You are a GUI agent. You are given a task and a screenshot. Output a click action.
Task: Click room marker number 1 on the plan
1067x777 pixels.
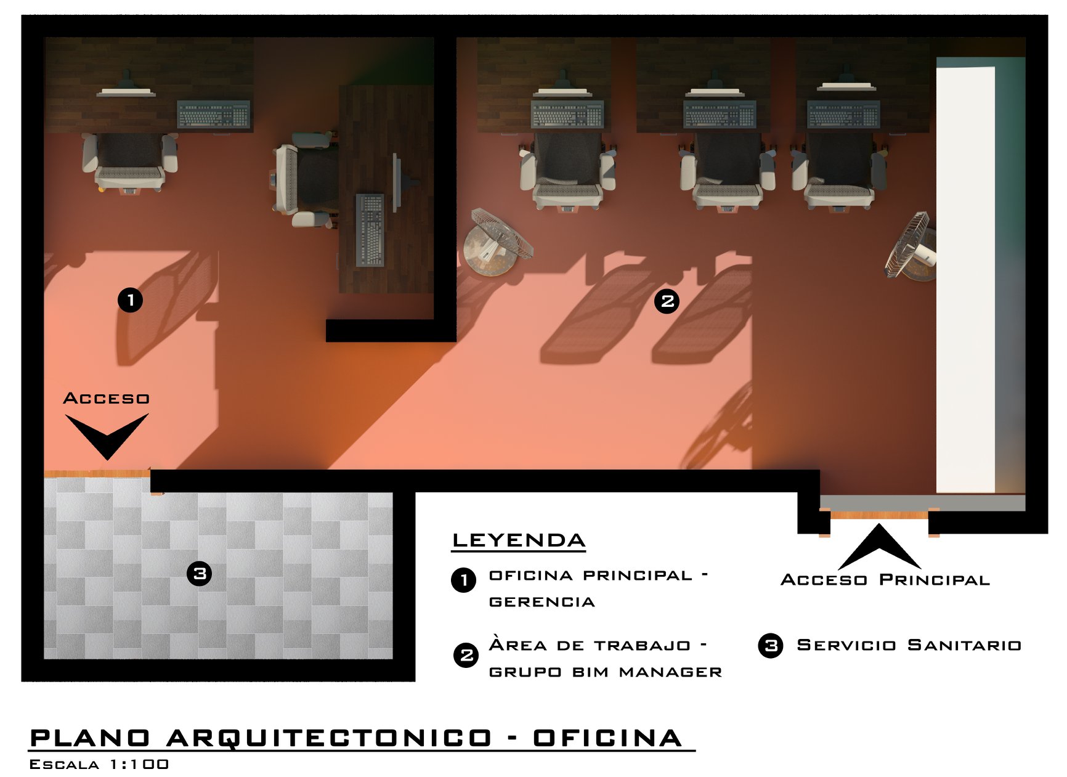pos(130,300)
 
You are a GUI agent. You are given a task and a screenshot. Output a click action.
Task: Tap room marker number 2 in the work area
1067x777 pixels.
pos(667,301)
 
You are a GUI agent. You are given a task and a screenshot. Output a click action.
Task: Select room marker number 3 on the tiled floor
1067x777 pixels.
pos(199,574)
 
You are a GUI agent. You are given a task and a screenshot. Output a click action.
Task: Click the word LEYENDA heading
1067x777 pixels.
pos(519,540)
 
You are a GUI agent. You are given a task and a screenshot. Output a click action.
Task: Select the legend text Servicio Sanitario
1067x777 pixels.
pos(909,645)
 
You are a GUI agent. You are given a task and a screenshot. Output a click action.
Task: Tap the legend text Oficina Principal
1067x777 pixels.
pos(591,576)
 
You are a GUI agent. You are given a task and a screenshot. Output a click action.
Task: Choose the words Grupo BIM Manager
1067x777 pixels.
pos(606,672)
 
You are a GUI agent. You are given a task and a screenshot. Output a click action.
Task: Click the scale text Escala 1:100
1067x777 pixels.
pos(99,765)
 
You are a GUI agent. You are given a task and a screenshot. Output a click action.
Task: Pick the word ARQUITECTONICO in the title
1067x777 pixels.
pos(330,738)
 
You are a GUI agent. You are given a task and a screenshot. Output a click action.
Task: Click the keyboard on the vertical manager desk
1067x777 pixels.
pos(370,230)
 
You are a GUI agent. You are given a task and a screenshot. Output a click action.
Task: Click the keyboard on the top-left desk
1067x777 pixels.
pos(214,115)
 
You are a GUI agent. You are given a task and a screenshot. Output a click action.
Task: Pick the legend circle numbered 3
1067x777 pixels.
pos(771,646)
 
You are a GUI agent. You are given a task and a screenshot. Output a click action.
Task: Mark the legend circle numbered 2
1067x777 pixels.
pos(466,655)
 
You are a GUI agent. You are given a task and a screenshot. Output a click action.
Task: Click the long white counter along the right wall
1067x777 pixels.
pos(965,279)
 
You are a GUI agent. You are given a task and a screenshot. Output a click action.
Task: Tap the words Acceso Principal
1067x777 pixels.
pos(885,580)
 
